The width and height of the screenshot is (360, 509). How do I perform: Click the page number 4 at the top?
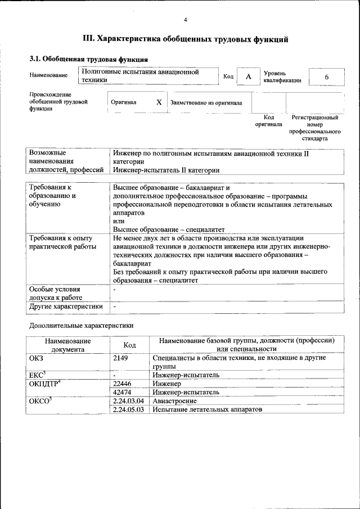click(185, 21)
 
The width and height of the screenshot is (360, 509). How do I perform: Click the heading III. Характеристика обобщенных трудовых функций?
click(186, 39)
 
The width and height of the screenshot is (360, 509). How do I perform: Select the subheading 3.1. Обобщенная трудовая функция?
click(88, 59)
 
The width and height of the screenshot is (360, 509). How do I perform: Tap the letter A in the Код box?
click(248, 77)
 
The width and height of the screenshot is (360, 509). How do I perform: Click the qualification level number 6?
click(326, 77)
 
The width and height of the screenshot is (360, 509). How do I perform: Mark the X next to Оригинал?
click(159, 102)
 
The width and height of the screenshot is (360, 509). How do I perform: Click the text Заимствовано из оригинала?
click(206, 103)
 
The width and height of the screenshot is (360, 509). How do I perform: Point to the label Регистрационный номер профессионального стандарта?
click(314, 128)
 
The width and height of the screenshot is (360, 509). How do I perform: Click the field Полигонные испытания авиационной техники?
click(141, 76)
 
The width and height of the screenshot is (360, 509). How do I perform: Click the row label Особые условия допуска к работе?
click(56, 293)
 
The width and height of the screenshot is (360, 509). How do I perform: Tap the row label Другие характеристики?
click(66, 307)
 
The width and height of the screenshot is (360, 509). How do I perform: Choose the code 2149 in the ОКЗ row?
click(121, 358)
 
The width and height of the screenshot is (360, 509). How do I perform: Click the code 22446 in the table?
click(123, 383)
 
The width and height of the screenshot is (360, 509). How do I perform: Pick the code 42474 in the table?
click(123, 392)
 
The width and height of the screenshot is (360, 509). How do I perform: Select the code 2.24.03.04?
click(129, 401)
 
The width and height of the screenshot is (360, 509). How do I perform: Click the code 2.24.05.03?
click(129, 410)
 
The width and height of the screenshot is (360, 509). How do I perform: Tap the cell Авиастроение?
click(174, 401)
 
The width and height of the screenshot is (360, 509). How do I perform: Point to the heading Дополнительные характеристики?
click(81, 325)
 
